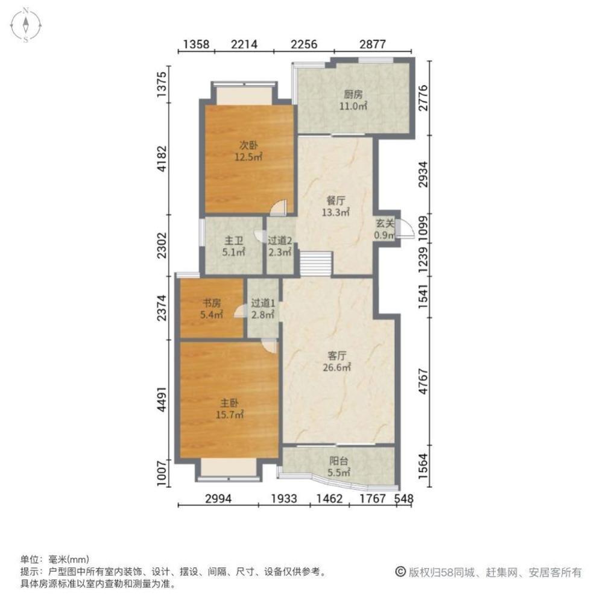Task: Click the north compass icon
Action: tap(26, 25)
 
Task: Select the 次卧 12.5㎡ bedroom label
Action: tap(248, 151)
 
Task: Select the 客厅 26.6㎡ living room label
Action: tap(337, 361)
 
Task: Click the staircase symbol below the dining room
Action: tap(316, 264)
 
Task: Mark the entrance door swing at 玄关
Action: tap(405, 229)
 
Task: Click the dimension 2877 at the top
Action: tap(372, 44)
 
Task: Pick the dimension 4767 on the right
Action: tap(423, 381)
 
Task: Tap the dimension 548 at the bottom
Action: tap(404, 499)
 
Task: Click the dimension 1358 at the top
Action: tap(196, 44)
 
